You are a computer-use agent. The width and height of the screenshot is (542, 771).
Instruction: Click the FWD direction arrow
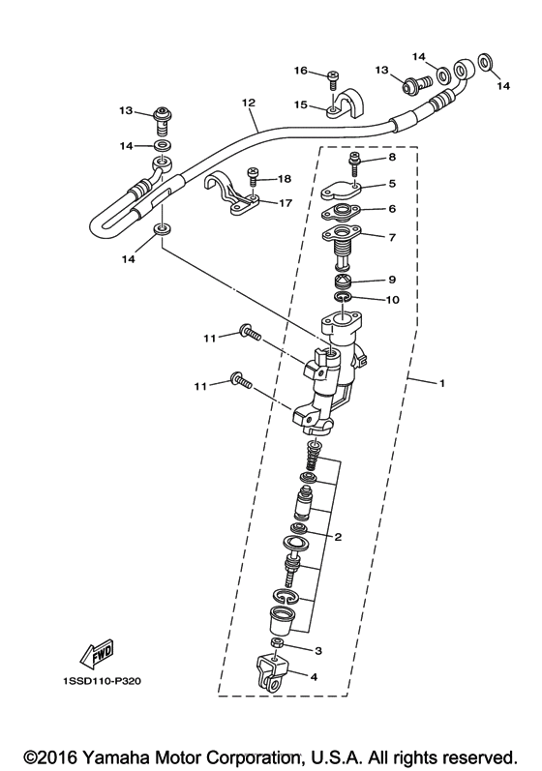pos(98,655)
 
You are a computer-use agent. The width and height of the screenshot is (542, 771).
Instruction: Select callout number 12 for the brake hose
pos(249,103)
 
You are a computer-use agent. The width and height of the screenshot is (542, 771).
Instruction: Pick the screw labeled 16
pos(333,79)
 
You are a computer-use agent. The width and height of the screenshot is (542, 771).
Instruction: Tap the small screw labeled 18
pos(253,175)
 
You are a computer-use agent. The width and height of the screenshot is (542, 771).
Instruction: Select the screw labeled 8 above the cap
pos(354,164)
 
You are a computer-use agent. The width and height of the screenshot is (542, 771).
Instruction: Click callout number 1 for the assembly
pos(441,382)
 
